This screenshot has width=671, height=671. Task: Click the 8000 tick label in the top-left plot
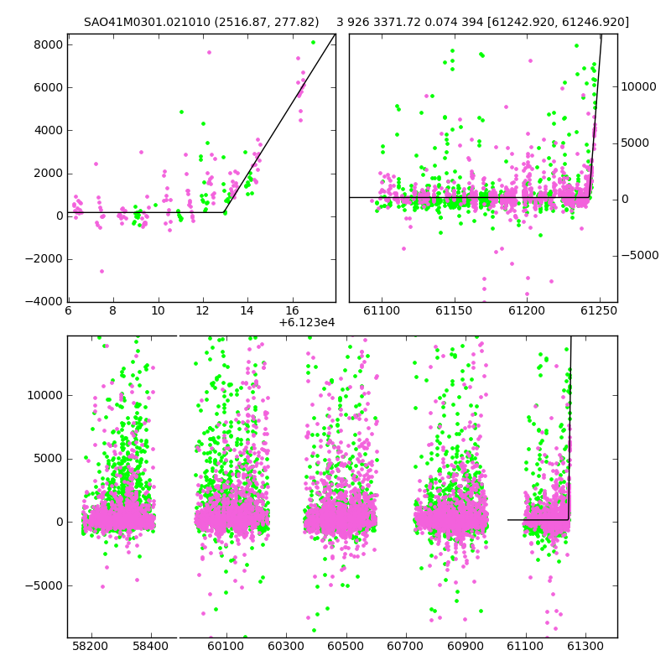[x=49, y=44]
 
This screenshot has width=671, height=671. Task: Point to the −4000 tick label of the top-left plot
[x=44, y=301]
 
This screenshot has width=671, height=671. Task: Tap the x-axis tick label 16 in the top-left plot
[x=292, y=310]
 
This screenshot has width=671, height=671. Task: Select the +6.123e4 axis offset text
[x=307, y=322]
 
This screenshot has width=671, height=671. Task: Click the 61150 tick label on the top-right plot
[x=454, y=310]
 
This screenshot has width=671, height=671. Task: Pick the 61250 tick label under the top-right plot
[x=599, y=310]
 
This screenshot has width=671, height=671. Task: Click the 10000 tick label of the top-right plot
[x=638, y=86]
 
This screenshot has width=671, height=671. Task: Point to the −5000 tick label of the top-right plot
[x=640, y=255]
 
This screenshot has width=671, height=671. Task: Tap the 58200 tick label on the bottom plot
[x=91, y=646]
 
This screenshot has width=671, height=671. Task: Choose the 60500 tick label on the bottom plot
[x=346, y=646]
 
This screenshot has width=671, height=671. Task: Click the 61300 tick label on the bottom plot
[x=585, y=646]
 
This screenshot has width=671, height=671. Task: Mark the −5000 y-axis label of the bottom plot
[x=44, y=585]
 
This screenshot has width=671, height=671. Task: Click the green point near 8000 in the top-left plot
[x=313, y=43]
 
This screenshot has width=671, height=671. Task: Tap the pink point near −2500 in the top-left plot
[x=101, y=271]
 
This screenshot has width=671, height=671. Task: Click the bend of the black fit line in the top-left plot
[x=224, y=212]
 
